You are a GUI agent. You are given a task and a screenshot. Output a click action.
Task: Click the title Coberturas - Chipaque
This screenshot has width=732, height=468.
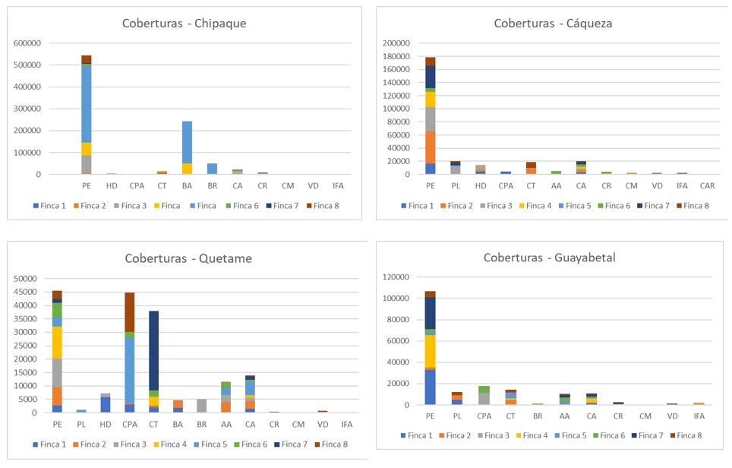pyautogui.click(x=184, y=23)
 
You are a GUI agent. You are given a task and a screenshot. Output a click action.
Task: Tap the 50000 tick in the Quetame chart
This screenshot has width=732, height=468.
pyautogui.click(x=24, y=279)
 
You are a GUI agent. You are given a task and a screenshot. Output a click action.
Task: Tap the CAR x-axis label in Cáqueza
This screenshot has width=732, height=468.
pyautogui.click(x=705, y=185)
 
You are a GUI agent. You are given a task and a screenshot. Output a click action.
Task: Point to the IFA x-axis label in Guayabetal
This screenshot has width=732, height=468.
pyautogui.click(x=699, y=416)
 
